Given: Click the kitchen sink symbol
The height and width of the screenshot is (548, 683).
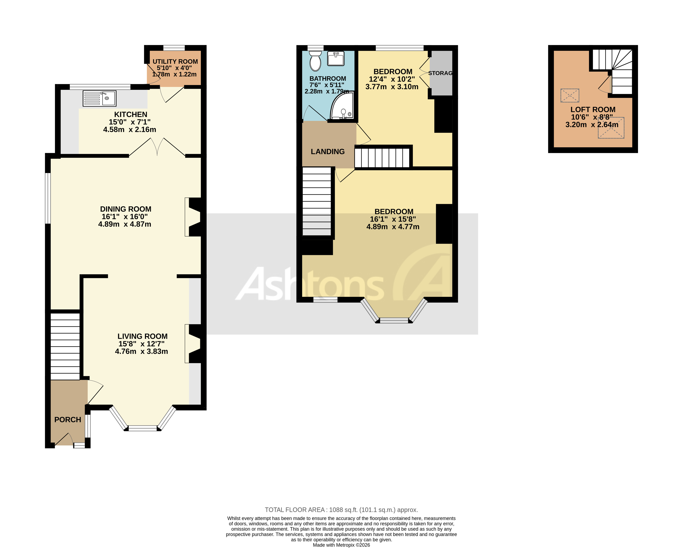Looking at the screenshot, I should [x=100, y=98].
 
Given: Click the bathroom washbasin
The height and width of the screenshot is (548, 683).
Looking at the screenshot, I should [x=336, y=59].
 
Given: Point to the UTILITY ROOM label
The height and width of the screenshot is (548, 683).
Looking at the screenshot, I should [x=175, y=61].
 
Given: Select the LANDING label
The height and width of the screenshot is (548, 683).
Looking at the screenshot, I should [x=328, y=152].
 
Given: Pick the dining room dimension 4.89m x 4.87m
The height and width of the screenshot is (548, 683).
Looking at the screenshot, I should [x=124, y=224].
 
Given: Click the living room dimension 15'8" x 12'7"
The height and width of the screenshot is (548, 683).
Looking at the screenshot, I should [x=141, y=344].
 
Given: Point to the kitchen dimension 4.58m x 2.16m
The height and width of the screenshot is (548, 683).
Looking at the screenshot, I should [x=130, y=129].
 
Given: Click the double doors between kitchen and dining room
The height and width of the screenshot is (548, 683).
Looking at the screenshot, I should [x=157, y=147].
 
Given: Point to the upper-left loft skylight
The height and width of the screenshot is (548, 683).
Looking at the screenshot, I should [x=570, y=95].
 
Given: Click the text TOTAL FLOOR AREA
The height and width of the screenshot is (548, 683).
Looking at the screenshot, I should [x=295, y=510].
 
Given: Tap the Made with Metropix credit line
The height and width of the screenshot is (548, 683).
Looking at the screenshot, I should [x=341, y=545].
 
